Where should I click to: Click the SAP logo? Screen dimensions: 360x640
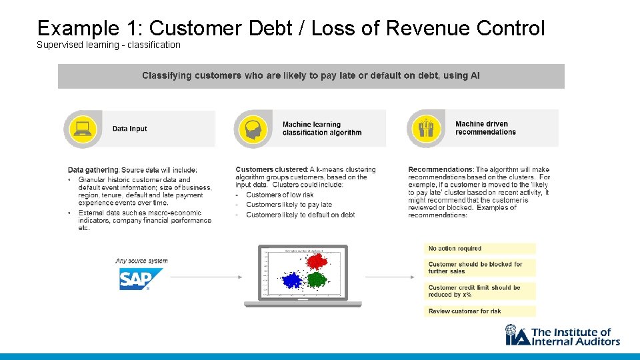140,279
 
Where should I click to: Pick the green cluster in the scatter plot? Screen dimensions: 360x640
317,279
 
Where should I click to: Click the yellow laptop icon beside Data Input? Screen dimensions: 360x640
84,129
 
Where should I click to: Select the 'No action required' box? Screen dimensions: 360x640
479,249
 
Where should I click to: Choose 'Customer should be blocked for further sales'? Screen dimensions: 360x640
479,268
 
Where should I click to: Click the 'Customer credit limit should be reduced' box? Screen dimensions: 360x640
479,291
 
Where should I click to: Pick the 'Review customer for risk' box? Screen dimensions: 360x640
479,311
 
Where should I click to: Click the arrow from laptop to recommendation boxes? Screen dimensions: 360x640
390,277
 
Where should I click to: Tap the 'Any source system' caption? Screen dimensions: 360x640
141,261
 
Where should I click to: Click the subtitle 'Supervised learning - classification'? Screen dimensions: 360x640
109,45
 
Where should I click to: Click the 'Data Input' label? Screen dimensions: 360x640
129,129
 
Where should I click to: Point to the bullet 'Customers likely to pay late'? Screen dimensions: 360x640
289,205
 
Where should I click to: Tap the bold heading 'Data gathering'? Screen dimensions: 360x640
93,170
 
